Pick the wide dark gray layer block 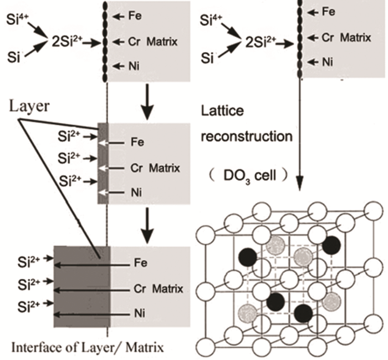[x=81, y=288]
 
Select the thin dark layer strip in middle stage [x=101, y=165]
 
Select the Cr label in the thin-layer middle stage [x=138, y=167]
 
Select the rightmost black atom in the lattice [x=331, y=245]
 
